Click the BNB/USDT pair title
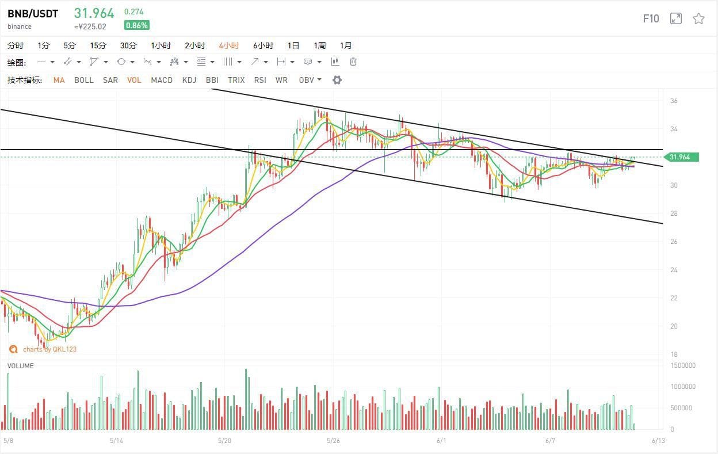coord(33,14)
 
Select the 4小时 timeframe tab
coord(229,45)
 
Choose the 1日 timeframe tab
coord(293,45)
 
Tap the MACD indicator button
coord(162,80)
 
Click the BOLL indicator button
coord(83,80)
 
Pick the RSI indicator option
coord(260,80)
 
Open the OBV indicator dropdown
coord(310,80)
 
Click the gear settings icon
coord(337,80)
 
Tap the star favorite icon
coord(698,18)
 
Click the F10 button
coord(651,18)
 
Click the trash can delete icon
coord(353,62)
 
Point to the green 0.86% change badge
coord(136,25)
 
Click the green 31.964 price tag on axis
coord(681,157)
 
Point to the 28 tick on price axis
coord(674,213)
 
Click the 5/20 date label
coord(225,441)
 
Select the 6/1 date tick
coord(441,441)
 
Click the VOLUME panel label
coord(20,366)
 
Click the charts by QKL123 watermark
coord(44,349)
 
